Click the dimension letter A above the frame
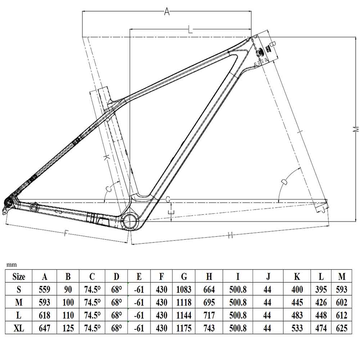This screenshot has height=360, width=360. [x=167, y=12]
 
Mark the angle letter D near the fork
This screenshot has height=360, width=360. [x=284, y=182]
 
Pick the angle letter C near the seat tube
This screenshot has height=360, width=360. [x=108, y=189]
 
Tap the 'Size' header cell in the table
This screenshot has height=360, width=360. [x=19, y=276]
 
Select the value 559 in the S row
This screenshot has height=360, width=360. [x=45, y=289]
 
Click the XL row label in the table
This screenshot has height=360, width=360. [x=19, y=328]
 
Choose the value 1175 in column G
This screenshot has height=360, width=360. [x=184, y=328]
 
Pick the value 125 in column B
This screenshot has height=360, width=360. [x=68, y=328]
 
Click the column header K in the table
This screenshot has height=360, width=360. [x=297, y=276]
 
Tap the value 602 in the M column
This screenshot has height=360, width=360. [x=342, y=302]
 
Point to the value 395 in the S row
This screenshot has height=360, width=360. [x=321, y=289]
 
